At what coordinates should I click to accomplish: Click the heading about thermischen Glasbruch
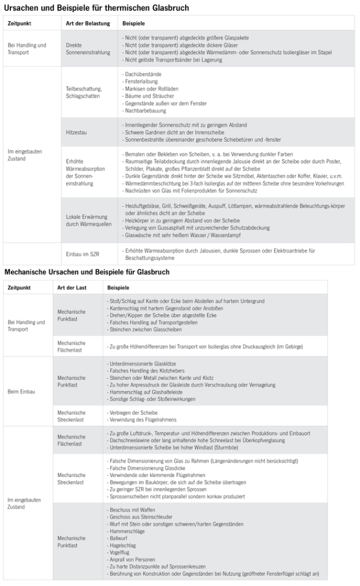click(97, 8)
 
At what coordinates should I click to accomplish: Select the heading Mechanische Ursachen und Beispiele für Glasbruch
click(86, 271)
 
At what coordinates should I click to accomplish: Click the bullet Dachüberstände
click(143, 75)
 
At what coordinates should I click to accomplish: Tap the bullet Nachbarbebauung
click(145, 111)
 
